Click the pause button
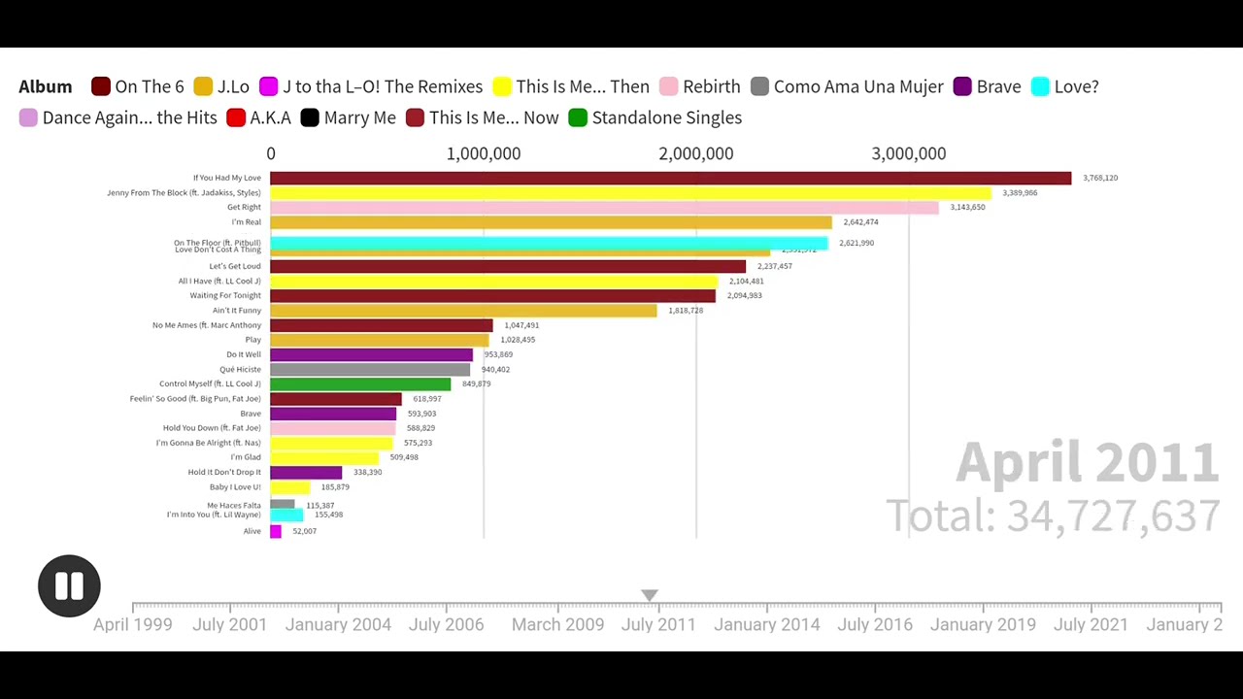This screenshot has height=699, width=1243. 69,585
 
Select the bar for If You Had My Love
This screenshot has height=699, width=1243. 670,178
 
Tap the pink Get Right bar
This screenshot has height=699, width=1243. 604,208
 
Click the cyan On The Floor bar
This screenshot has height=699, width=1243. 549,242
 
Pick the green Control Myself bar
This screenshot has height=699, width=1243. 360,384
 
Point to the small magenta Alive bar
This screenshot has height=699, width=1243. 276,531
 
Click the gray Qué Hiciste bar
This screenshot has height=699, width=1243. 370,370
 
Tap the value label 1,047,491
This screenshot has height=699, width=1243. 521,325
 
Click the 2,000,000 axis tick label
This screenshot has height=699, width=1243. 695,153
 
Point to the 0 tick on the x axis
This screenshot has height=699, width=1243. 271,153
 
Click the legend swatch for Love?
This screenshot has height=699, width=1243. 1040,86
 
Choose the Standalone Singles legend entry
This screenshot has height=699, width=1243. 666,117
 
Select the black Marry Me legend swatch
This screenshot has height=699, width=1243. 310,117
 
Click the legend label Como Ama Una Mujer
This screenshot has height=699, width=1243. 857,86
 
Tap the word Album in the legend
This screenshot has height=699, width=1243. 46,86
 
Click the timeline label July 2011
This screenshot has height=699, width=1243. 658,624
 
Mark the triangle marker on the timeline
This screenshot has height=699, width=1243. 650,595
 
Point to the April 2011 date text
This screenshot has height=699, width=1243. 1087,462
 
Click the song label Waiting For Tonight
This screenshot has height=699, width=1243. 225,295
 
